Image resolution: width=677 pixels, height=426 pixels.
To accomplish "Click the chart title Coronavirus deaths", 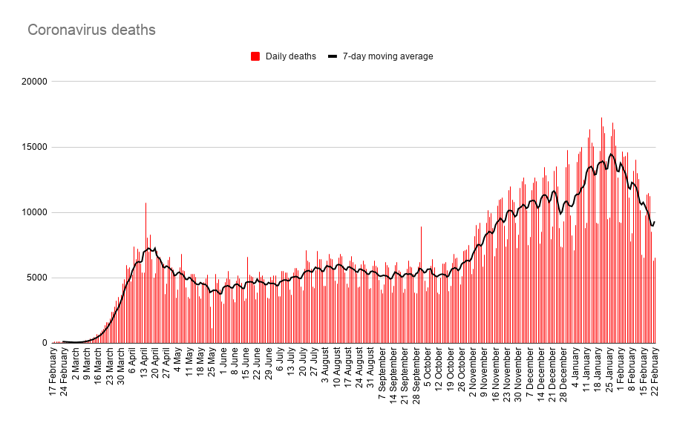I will click(x=91, y=30).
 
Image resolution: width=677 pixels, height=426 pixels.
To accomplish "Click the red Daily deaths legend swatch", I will click(x=255, y=56).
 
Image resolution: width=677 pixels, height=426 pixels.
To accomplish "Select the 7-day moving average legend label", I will click(x=387, y=56).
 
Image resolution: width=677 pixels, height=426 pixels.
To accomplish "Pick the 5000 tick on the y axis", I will click(x=35, y=278).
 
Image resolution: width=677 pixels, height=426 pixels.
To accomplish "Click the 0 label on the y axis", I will click(x=44, y=343).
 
